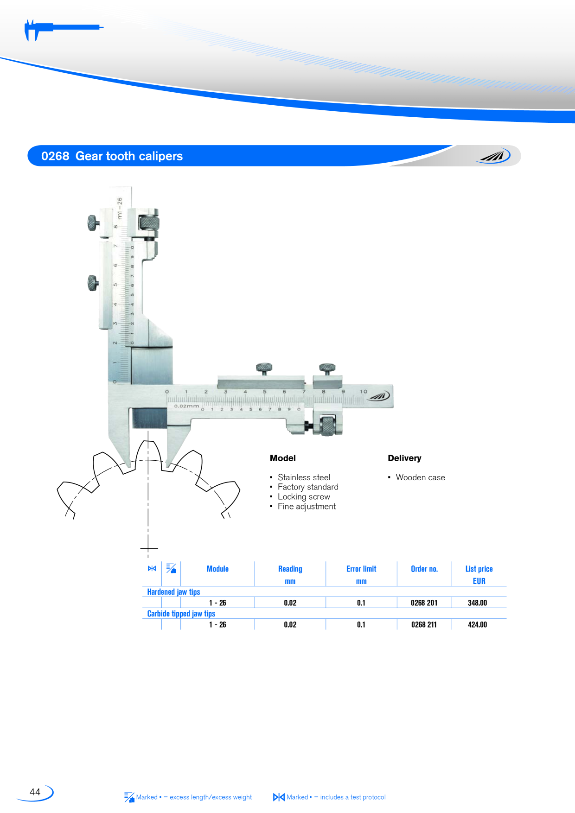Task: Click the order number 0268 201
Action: point(424,603)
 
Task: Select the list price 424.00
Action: point(477,624)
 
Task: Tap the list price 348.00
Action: point(477,603)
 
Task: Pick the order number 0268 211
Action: point(424,624)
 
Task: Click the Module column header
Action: point(217,569)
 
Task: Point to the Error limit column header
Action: point(361,569)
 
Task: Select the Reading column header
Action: point(290,569)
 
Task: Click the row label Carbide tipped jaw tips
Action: point(181,614)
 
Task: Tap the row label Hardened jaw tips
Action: point(173,592)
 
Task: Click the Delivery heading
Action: point(404,458)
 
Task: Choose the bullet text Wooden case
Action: point(420,477)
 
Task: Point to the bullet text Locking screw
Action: point(304,497)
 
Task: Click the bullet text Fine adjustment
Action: point(307,507)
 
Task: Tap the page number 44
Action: point(35,792)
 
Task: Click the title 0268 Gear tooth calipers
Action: point(112,156)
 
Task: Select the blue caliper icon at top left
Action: point(63,30)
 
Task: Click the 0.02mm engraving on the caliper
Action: point(186,406)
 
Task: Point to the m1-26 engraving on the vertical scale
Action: point(120,209)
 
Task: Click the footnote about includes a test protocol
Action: point(329,797)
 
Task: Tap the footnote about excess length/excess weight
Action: point(188,797)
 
